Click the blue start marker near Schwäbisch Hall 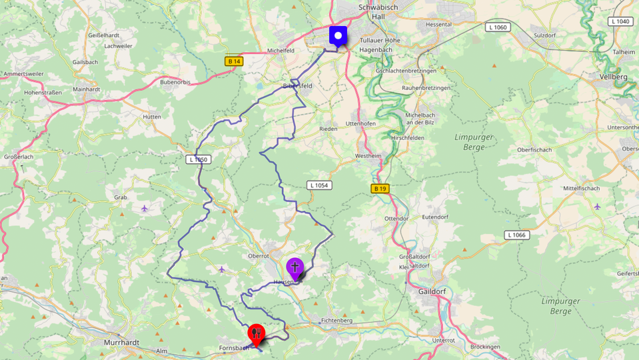pos(339,35)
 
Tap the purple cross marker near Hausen pos(295,268)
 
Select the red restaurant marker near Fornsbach pos(256,333)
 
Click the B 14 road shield pos(233,61)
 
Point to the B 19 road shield pos(379,189)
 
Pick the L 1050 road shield pos(199,159)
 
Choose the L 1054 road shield pos(320,185)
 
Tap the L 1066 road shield pos(516,235)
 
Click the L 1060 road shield pos(497,27)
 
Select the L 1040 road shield pos(620,21)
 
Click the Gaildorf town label pos(433,291)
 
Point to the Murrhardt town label pos(121,342)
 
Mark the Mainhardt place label pos(87,89)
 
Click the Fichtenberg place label pos(337,321)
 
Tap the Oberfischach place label pos(534,150)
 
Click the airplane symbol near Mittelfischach pos(597,206)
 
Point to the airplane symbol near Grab pos(145,209)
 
